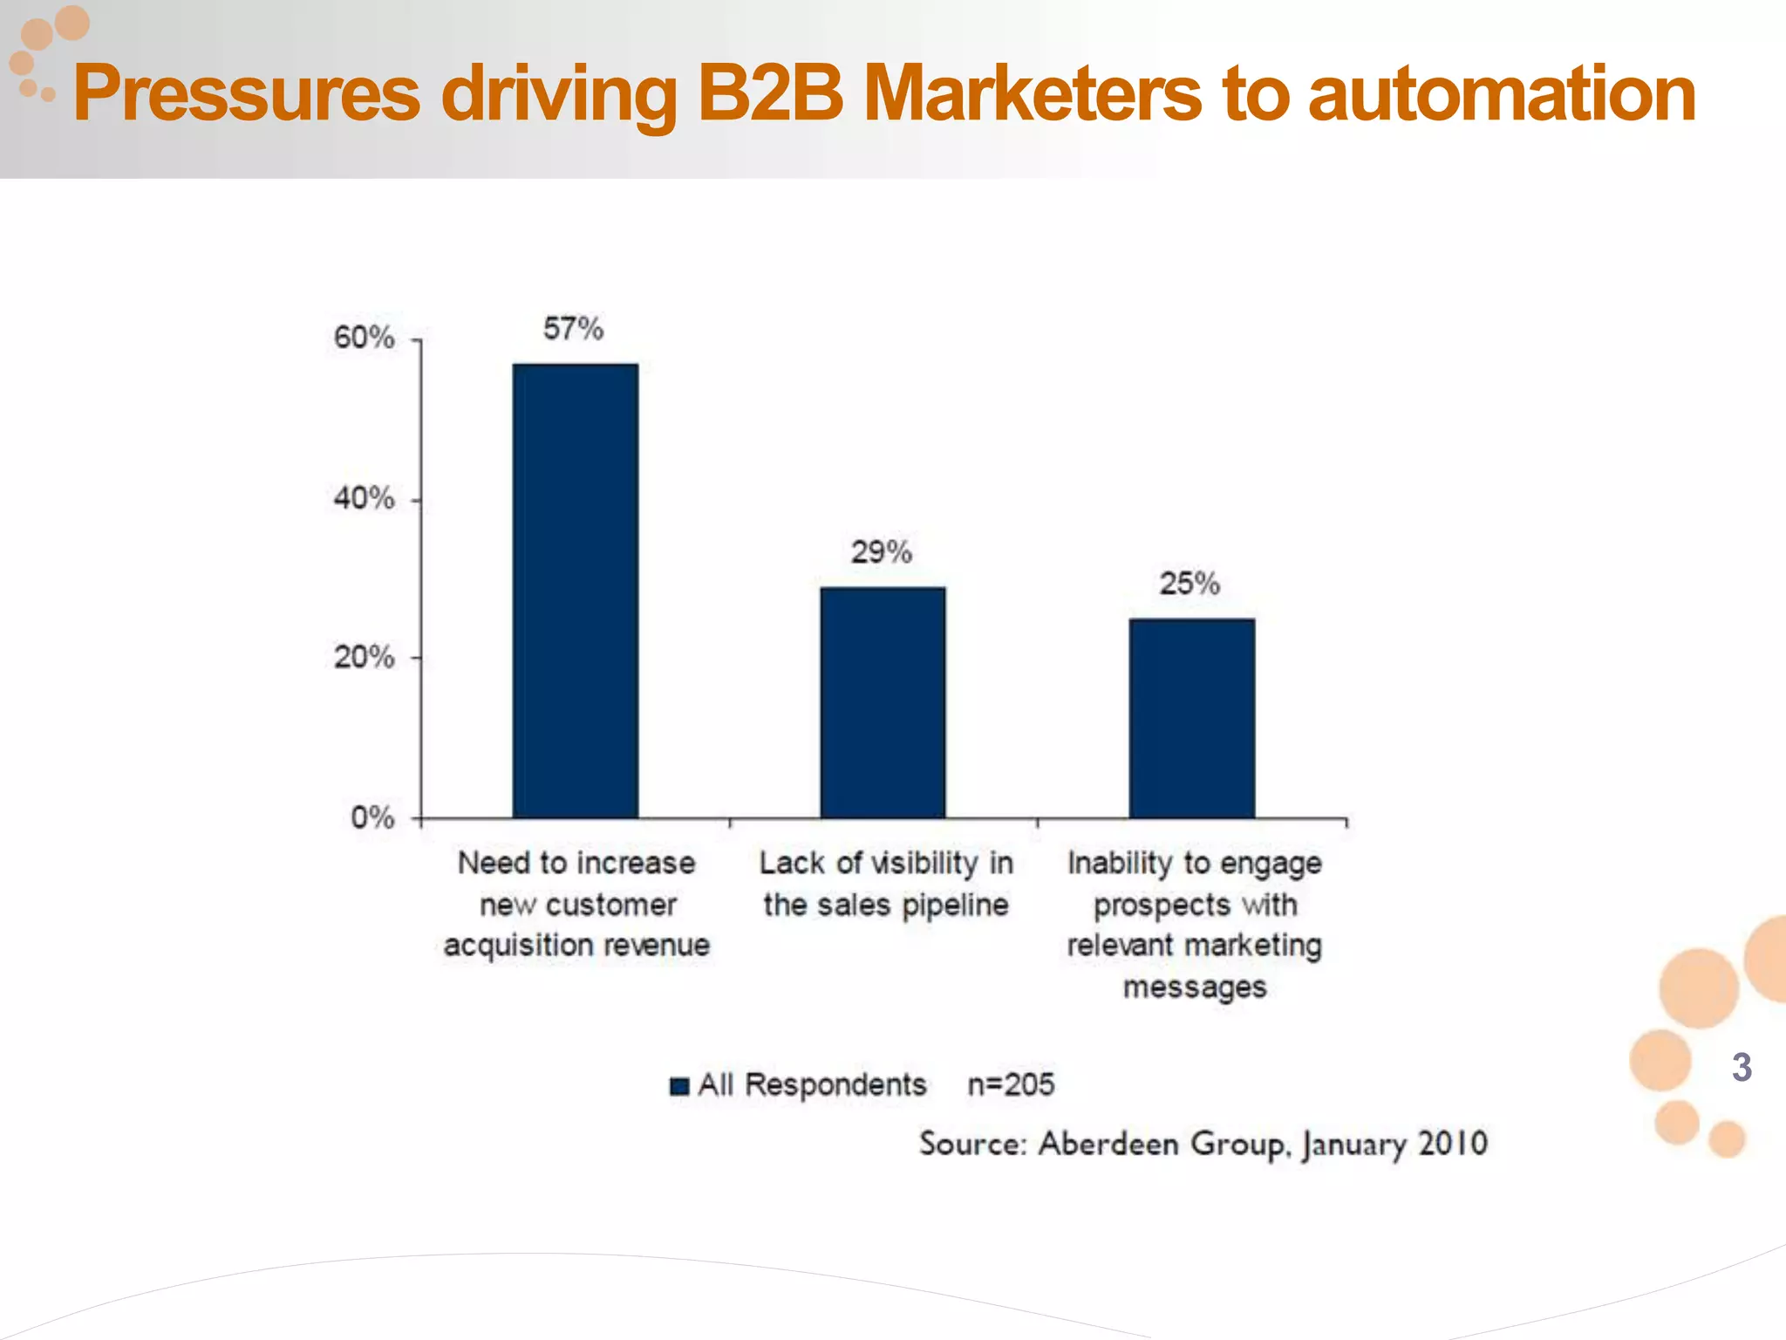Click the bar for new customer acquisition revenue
click(575, 591)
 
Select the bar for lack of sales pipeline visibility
click(883, 702)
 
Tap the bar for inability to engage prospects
click(1191, 718)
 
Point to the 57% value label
click(573, 329)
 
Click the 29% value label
click(881, 552)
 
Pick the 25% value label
click(1189, 584)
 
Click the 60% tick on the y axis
click(364, 338)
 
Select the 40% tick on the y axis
click(364, 499)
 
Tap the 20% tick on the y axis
click(364, 657)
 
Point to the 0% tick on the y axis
click(372, 817)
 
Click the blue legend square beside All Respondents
click(679, 1086)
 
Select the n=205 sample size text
click(1011, 1084)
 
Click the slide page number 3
click(1742, 1067)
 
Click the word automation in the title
click(1502, 94)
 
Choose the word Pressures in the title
click(247, 94)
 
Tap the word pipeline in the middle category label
click(955, 906)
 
